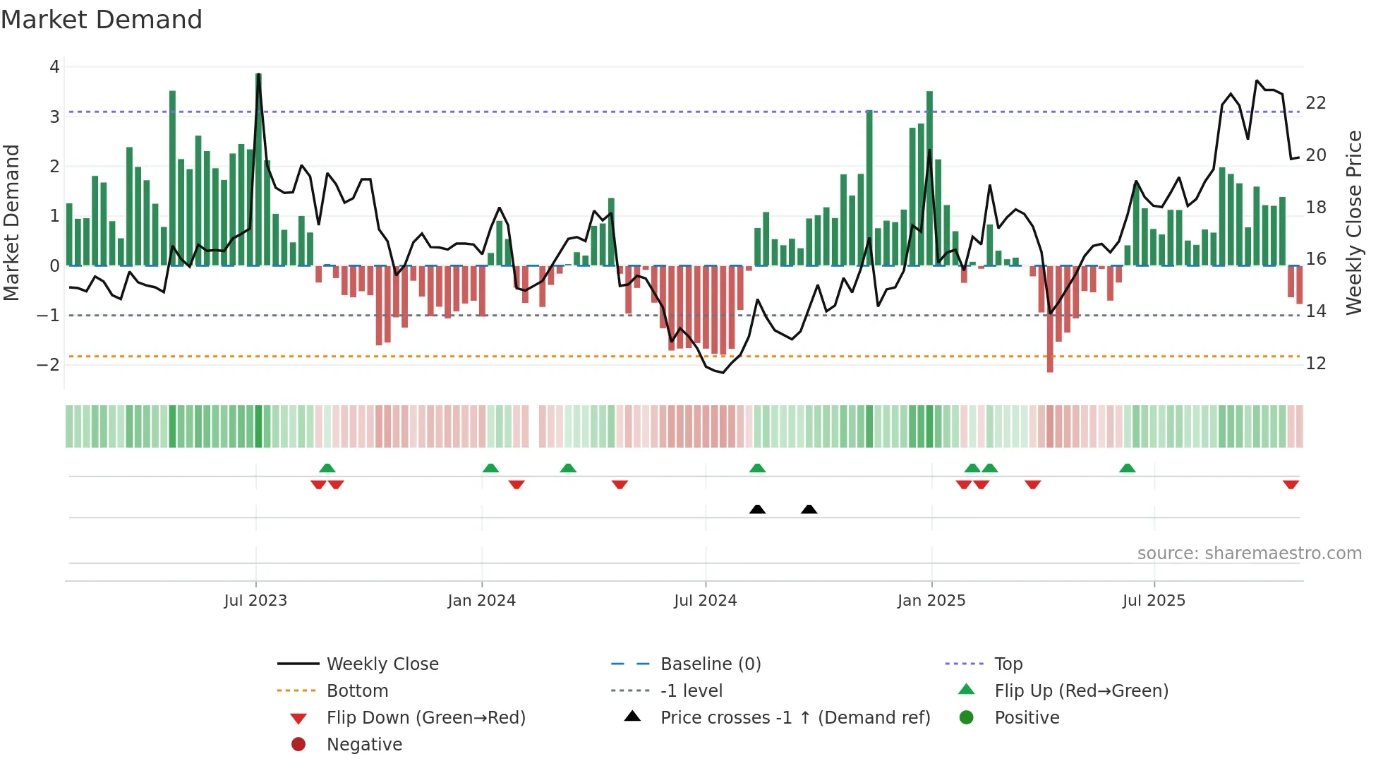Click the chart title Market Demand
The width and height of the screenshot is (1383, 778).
tap(102, 20)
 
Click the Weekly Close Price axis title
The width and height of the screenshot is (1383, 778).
tap(1353, 222)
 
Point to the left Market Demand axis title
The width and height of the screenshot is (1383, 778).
tap(11, 222)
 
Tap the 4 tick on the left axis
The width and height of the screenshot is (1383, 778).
tap(54, 67)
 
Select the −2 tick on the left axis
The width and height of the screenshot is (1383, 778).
tap(49, 365)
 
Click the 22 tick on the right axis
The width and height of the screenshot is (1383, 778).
tap(1316, 103)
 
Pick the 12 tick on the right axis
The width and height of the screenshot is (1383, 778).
tap(1316, 364)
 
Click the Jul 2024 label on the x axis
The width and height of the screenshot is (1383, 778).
tap(705, 601)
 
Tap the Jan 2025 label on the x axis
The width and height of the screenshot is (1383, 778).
tap(931, 601)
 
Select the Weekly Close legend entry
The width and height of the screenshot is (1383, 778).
tap(382, 664)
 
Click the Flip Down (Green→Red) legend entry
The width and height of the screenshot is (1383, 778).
tap(425, 718)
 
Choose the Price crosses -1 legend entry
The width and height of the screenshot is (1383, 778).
tap(795, 718)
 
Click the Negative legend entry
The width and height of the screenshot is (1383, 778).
tap(364, 745)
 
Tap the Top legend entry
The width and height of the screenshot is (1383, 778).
tap(1008, 664)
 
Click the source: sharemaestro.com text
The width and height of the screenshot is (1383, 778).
tap(1249, 553)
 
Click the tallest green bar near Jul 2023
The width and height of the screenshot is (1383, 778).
tap(258, 169)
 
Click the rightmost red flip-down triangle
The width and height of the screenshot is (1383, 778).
tap(1291, 484)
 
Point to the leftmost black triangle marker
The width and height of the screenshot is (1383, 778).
tap(757, 509)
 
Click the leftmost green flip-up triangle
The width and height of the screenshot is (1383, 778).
tap(327, 468)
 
